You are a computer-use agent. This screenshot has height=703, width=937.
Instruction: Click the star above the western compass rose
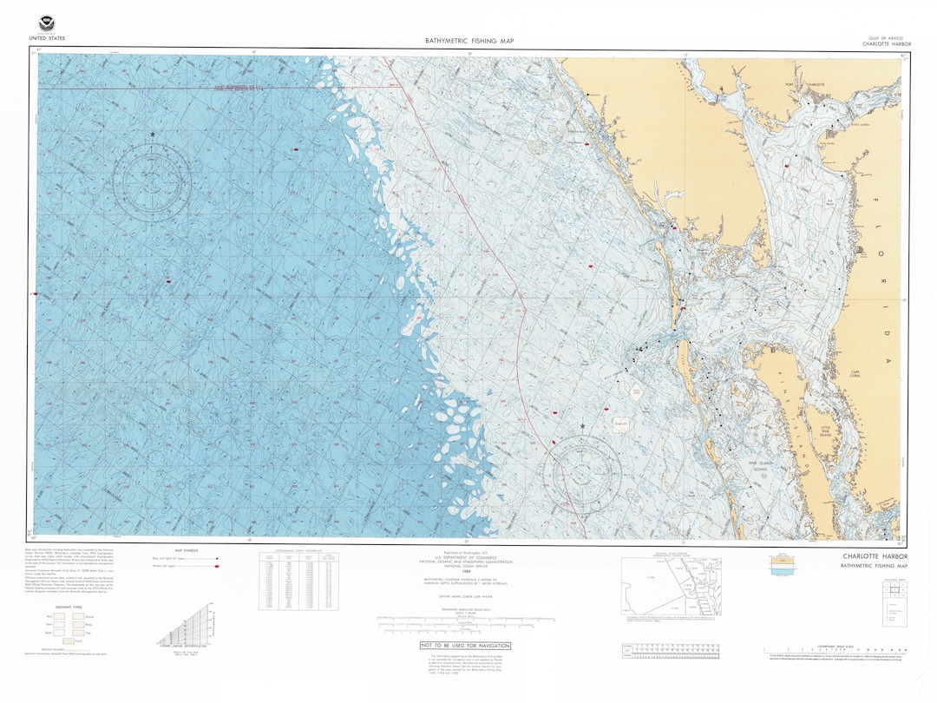154,135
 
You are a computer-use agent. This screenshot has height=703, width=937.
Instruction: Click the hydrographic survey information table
298,581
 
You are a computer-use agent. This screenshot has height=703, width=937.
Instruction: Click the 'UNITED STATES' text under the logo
46,39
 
